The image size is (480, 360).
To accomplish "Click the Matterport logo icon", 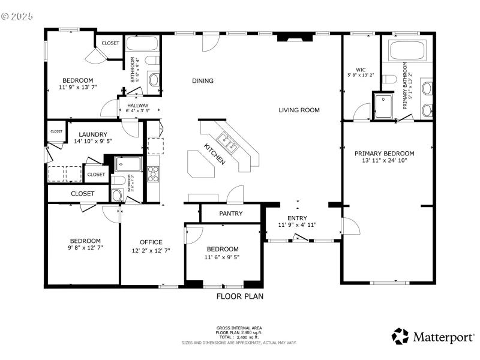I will [400, 336].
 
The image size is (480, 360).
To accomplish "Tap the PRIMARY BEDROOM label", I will [388, 154].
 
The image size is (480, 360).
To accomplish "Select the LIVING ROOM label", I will [299, 110].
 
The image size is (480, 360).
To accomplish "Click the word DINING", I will [203, 81].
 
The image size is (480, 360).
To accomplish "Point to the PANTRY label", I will [230, 213].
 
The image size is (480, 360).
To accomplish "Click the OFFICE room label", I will [151, 242].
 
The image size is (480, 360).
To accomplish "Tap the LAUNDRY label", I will [91, 134].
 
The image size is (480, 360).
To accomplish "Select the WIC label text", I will [360, 69].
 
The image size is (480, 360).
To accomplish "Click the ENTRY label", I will [297, 218].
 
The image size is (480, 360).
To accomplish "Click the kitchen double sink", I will [229, 142].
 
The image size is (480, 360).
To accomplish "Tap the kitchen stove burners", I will [153, 173].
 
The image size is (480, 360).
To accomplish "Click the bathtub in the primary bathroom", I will [407, 50].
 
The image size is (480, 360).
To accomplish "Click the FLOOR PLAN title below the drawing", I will [239, 296].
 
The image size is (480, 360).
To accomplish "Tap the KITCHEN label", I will [215, 154].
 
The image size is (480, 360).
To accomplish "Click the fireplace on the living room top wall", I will [294, 38].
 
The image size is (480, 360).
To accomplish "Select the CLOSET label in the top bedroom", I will [110, 43].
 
